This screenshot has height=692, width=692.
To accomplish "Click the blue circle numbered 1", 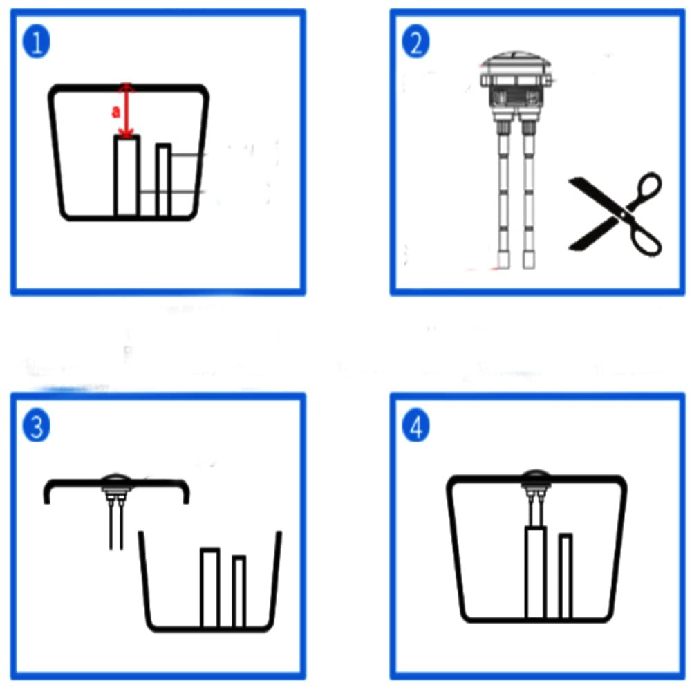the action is pyautogui.click(x=36, y=42).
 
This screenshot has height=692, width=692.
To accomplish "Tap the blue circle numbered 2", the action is pyautogui.click(x=415, y=42).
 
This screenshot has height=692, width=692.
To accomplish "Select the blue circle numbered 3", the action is pyautogui.click(x=36, y=426).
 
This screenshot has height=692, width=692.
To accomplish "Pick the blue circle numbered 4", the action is pyautogui.click(x=415, y=426).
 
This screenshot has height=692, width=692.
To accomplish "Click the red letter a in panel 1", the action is pyautogui.click(x=115, y=112).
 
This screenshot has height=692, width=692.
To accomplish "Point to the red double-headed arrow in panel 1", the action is pyautogui.click(x=127, y=110).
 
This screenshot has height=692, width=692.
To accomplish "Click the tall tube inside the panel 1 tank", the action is pyautogui.click(x=127, y=176).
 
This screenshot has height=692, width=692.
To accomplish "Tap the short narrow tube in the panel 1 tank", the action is pyautogui.click(x=163, y=180).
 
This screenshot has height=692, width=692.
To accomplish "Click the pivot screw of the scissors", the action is pyautogui.click(x=623, y=214).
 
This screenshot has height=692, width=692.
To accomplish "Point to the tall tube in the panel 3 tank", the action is pyautogui.click(x=210, y=588).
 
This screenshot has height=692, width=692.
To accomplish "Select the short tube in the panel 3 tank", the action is pyautogui.click(x=239, y=591).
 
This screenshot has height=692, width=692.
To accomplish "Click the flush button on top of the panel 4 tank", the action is pyautogui.click(x=535, y=480).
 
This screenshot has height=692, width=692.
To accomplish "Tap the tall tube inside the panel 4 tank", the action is pyautogui.click(x=536, y=572).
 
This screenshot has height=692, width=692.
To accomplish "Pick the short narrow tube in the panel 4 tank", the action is pyautogui.click(x=565, y=576).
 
